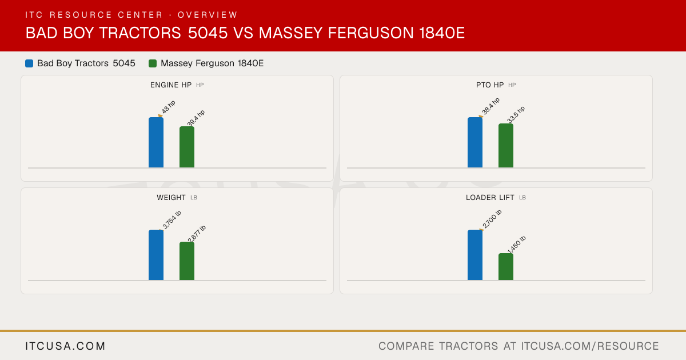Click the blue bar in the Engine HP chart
click(x=156, y=142)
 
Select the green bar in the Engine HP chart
click(x=187, y=147)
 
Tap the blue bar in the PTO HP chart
click(x=475, y=142)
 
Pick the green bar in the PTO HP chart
click(x=506, y=145)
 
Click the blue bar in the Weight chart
click(x=156, y=255)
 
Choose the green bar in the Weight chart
click(x=187, y=261)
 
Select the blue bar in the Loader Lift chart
click(x=475, y=255)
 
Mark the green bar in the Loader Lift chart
click(x=506, y=267)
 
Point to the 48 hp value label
click(x=169, y=107)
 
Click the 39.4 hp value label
click(x=196, y=118)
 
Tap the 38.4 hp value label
click(x=490, y=106)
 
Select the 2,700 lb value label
click(x=492, y=219)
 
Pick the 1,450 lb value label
click(x=517, y=245)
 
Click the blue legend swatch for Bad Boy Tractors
click(x=29, y=63)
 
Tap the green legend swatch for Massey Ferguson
click(x=153, y=63)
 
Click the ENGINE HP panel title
click(x=171, y=85)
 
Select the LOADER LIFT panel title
click(x=490, y=198)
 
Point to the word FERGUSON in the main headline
click(x=370, y=33)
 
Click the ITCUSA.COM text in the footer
click(x=65, y=346)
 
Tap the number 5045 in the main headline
click(x=208, y=33)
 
